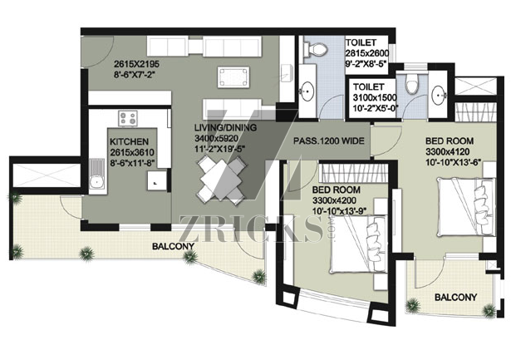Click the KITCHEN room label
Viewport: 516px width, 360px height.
coord(129,142)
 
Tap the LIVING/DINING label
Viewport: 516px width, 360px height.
coord(225,127)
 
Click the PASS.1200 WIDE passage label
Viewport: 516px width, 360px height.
coord(329,141)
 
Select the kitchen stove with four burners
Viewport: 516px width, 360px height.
coord(128,119)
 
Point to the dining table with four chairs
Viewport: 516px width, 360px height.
coord(222,180)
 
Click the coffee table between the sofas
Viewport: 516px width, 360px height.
coord(233,77)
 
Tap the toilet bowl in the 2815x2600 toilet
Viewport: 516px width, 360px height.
coord(315,49)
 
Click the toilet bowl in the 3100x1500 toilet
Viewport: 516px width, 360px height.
coord(412,83)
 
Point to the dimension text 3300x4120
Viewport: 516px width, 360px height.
coord(447,152)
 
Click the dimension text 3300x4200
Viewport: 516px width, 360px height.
coord(334,200)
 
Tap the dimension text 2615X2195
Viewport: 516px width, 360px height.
coord(135,64)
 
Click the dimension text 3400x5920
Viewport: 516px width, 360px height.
coord(216,138)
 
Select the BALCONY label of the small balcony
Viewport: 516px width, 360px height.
coord(455,298)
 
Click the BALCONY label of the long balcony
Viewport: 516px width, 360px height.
coord(173,246)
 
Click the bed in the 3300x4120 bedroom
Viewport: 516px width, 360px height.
coord(467,207)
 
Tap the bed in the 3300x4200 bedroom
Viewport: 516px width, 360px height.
coord(358,244)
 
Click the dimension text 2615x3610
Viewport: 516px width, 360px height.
coord(132,152)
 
